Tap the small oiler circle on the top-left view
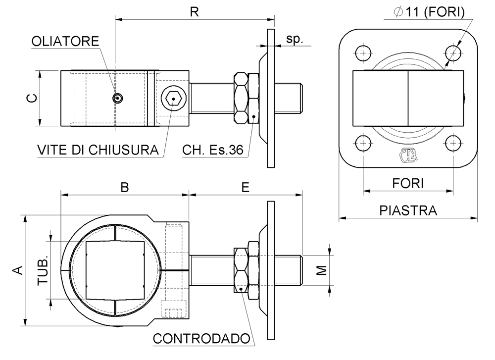[117, 99]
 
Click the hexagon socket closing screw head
[174, 98]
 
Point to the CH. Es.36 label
[213, 150]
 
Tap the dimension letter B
[125, 187]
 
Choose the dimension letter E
[246, 187]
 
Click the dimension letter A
[18, 270]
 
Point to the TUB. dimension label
[44, 270]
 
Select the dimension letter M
[322, 270]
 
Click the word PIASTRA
[408, 210]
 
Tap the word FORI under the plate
[408, 183]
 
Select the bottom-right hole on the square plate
[453, 143]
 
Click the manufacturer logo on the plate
[408, 155]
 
